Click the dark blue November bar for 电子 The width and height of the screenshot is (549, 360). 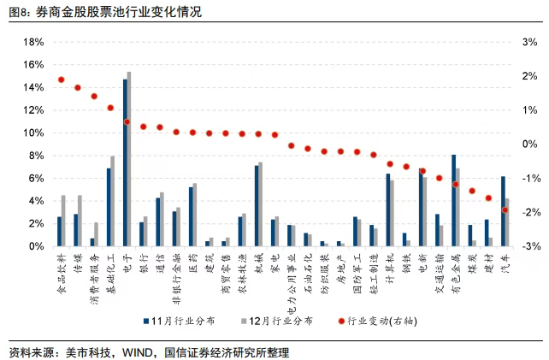(125, 162)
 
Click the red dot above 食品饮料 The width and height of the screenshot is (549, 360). (61, 80)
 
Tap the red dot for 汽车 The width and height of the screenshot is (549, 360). (505, 210)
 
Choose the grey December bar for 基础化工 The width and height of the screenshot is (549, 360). (113, 201)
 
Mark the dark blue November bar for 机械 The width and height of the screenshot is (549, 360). (257, 205)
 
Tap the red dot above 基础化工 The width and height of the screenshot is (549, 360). (110, 108)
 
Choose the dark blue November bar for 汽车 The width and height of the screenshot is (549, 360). (503, 211)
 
